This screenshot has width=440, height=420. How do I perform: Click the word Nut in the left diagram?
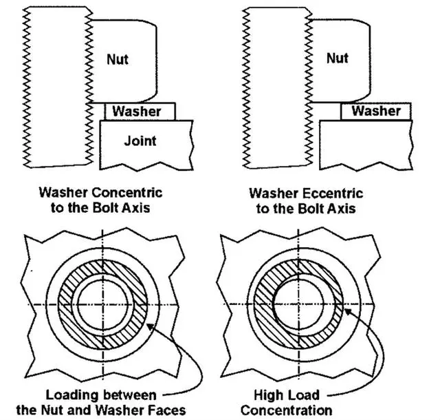point(118,59)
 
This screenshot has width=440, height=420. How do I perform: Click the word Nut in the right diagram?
point(337,58)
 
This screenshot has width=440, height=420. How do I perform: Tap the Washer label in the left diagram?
point(137,111)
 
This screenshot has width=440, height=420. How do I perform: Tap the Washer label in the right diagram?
point(375,111)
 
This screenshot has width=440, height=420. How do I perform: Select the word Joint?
point(140,141)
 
